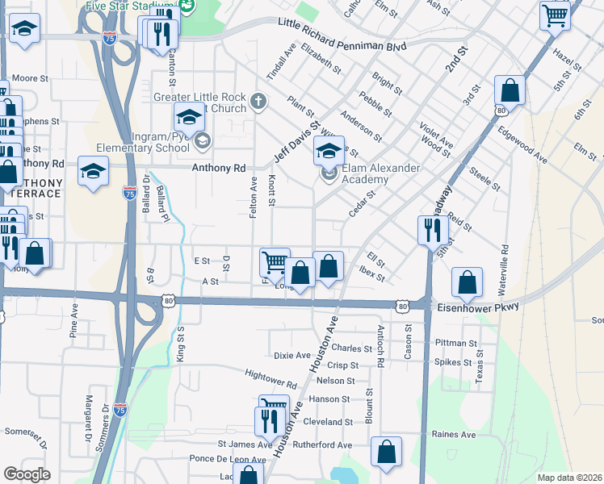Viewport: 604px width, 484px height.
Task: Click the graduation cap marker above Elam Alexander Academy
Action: point(329,151)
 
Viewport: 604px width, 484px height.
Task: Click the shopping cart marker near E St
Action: point(275,261)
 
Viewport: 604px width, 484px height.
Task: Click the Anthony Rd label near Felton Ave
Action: point(218,169)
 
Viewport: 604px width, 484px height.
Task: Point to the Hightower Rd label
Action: point(271,378)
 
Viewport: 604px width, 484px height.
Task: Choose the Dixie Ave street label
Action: point(292,355)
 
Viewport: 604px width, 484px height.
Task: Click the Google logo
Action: point(27,474)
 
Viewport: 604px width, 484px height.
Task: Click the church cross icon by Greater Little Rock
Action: point(258,101)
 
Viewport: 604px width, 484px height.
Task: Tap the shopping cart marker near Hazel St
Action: point(555,15)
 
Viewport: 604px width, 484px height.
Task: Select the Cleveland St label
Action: point(329,422)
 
